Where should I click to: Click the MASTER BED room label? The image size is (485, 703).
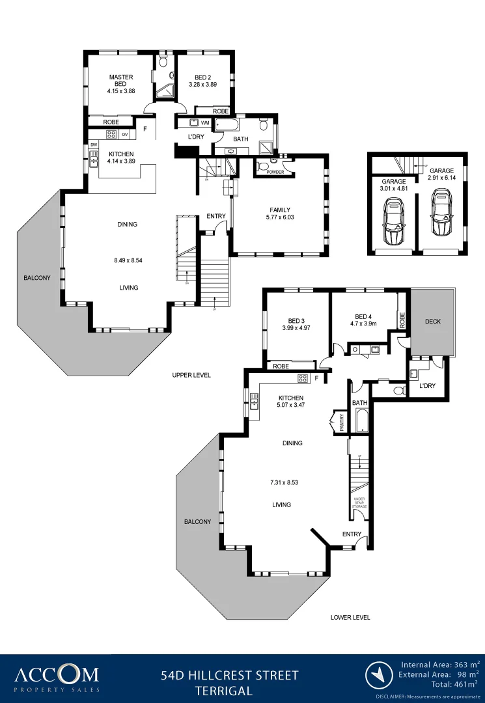click(121, 81)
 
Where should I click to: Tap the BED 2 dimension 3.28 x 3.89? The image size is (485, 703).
click(202, 85)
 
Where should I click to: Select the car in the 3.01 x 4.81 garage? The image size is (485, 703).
click(393, 222)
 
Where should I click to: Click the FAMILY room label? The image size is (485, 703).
click(279, 210)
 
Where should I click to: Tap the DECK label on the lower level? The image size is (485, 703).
click(432, 322)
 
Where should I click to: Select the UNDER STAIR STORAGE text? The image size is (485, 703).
click(359, 501)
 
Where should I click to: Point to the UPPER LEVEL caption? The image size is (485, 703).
click(191, 376)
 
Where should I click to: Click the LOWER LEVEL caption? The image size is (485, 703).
click(350, 617)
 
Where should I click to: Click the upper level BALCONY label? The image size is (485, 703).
click(37, 278)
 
